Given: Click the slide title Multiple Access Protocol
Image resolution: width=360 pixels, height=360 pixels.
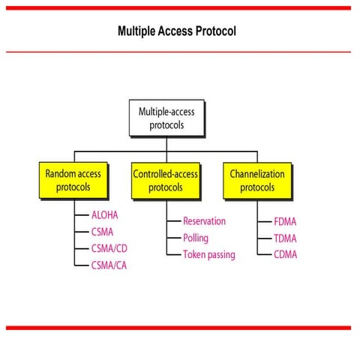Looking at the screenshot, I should pos(177,31).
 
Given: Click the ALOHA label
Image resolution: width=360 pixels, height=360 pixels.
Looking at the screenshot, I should pos(104,214).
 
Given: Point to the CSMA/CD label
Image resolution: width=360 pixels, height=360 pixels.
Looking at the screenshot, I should pos(109,247).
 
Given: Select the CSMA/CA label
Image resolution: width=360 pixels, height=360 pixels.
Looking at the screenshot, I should pos(109,264).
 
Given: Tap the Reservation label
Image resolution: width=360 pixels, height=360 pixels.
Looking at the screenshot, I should pos(204,221).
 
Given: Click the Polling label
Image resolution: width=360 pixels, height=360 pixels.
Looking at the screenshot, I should pos(196,238).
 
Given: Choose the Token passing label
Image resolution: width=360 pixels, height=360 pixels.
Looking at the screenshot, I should pos(208,254).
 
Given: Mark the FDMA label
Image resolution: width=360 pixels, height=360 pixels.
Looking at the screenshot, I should pos(286,221).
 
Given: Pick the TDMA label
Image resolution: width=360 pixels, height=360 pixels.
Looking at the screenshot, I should pos(286,238).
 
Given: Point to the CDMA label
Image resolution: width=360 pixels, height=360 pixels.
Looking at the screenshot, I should pos(286,254).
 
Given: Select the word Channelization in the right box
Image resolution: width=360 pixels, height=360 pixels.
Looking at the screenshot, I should pos(256,173).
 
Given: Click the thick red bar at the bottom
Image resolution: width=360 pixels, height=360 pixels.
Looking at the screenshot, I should pos(178,327).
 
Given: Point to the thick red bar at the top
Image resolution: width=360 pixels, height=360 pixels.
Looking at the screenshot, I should pos(178,7).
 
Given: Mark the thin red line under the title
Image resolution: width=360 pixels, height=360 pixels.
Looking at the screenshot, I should pos(178,52).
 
